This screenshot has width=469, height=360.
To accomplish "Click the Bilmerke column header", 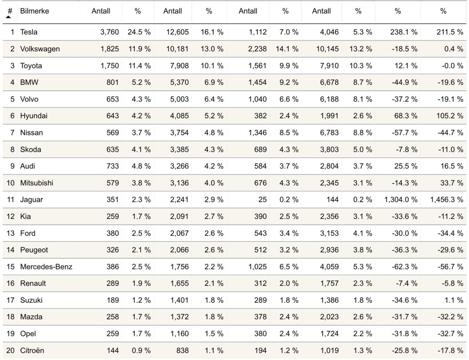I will click(x=34, y=11).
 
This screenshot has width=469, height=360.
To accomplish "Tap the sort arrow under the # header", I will click(x=8, y=17).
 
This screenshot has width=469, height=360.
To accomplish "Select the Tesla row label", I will click(x=29, y=32).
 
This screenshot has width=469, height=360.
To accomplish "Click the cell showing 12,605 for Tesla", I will click(x=177, y=32).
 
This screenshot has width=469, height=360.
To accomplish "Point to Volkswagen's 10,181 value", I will click(x=177, y=49).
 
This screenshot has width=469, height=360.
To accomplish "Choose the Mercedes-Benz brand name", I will click(x=46, y=267).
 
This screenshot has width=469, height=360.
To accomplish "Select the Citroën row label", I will click(x=32, y=351).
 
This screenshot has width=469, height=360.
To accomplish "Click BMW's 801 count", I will click(x=112, y=82).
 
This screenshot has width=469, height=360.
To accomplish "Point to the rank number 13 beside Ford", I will click(x=10, y=233).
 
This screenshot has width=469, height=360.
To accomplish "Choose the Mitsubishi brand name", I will click(x=37, y=183).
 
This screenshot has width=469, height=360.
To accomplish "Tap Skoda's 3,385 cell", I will click(x=179, y=149).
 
